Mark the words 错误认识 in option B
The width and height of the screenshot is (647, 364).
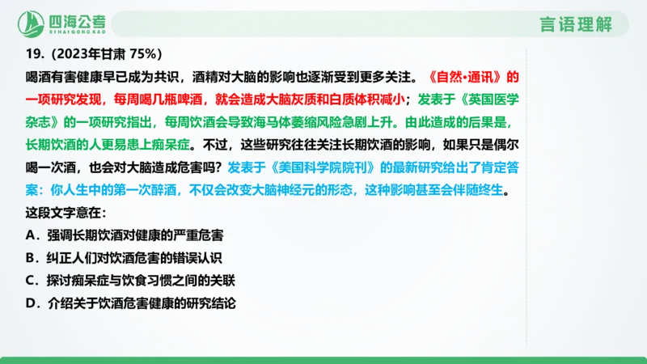[x=192, y=258]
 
